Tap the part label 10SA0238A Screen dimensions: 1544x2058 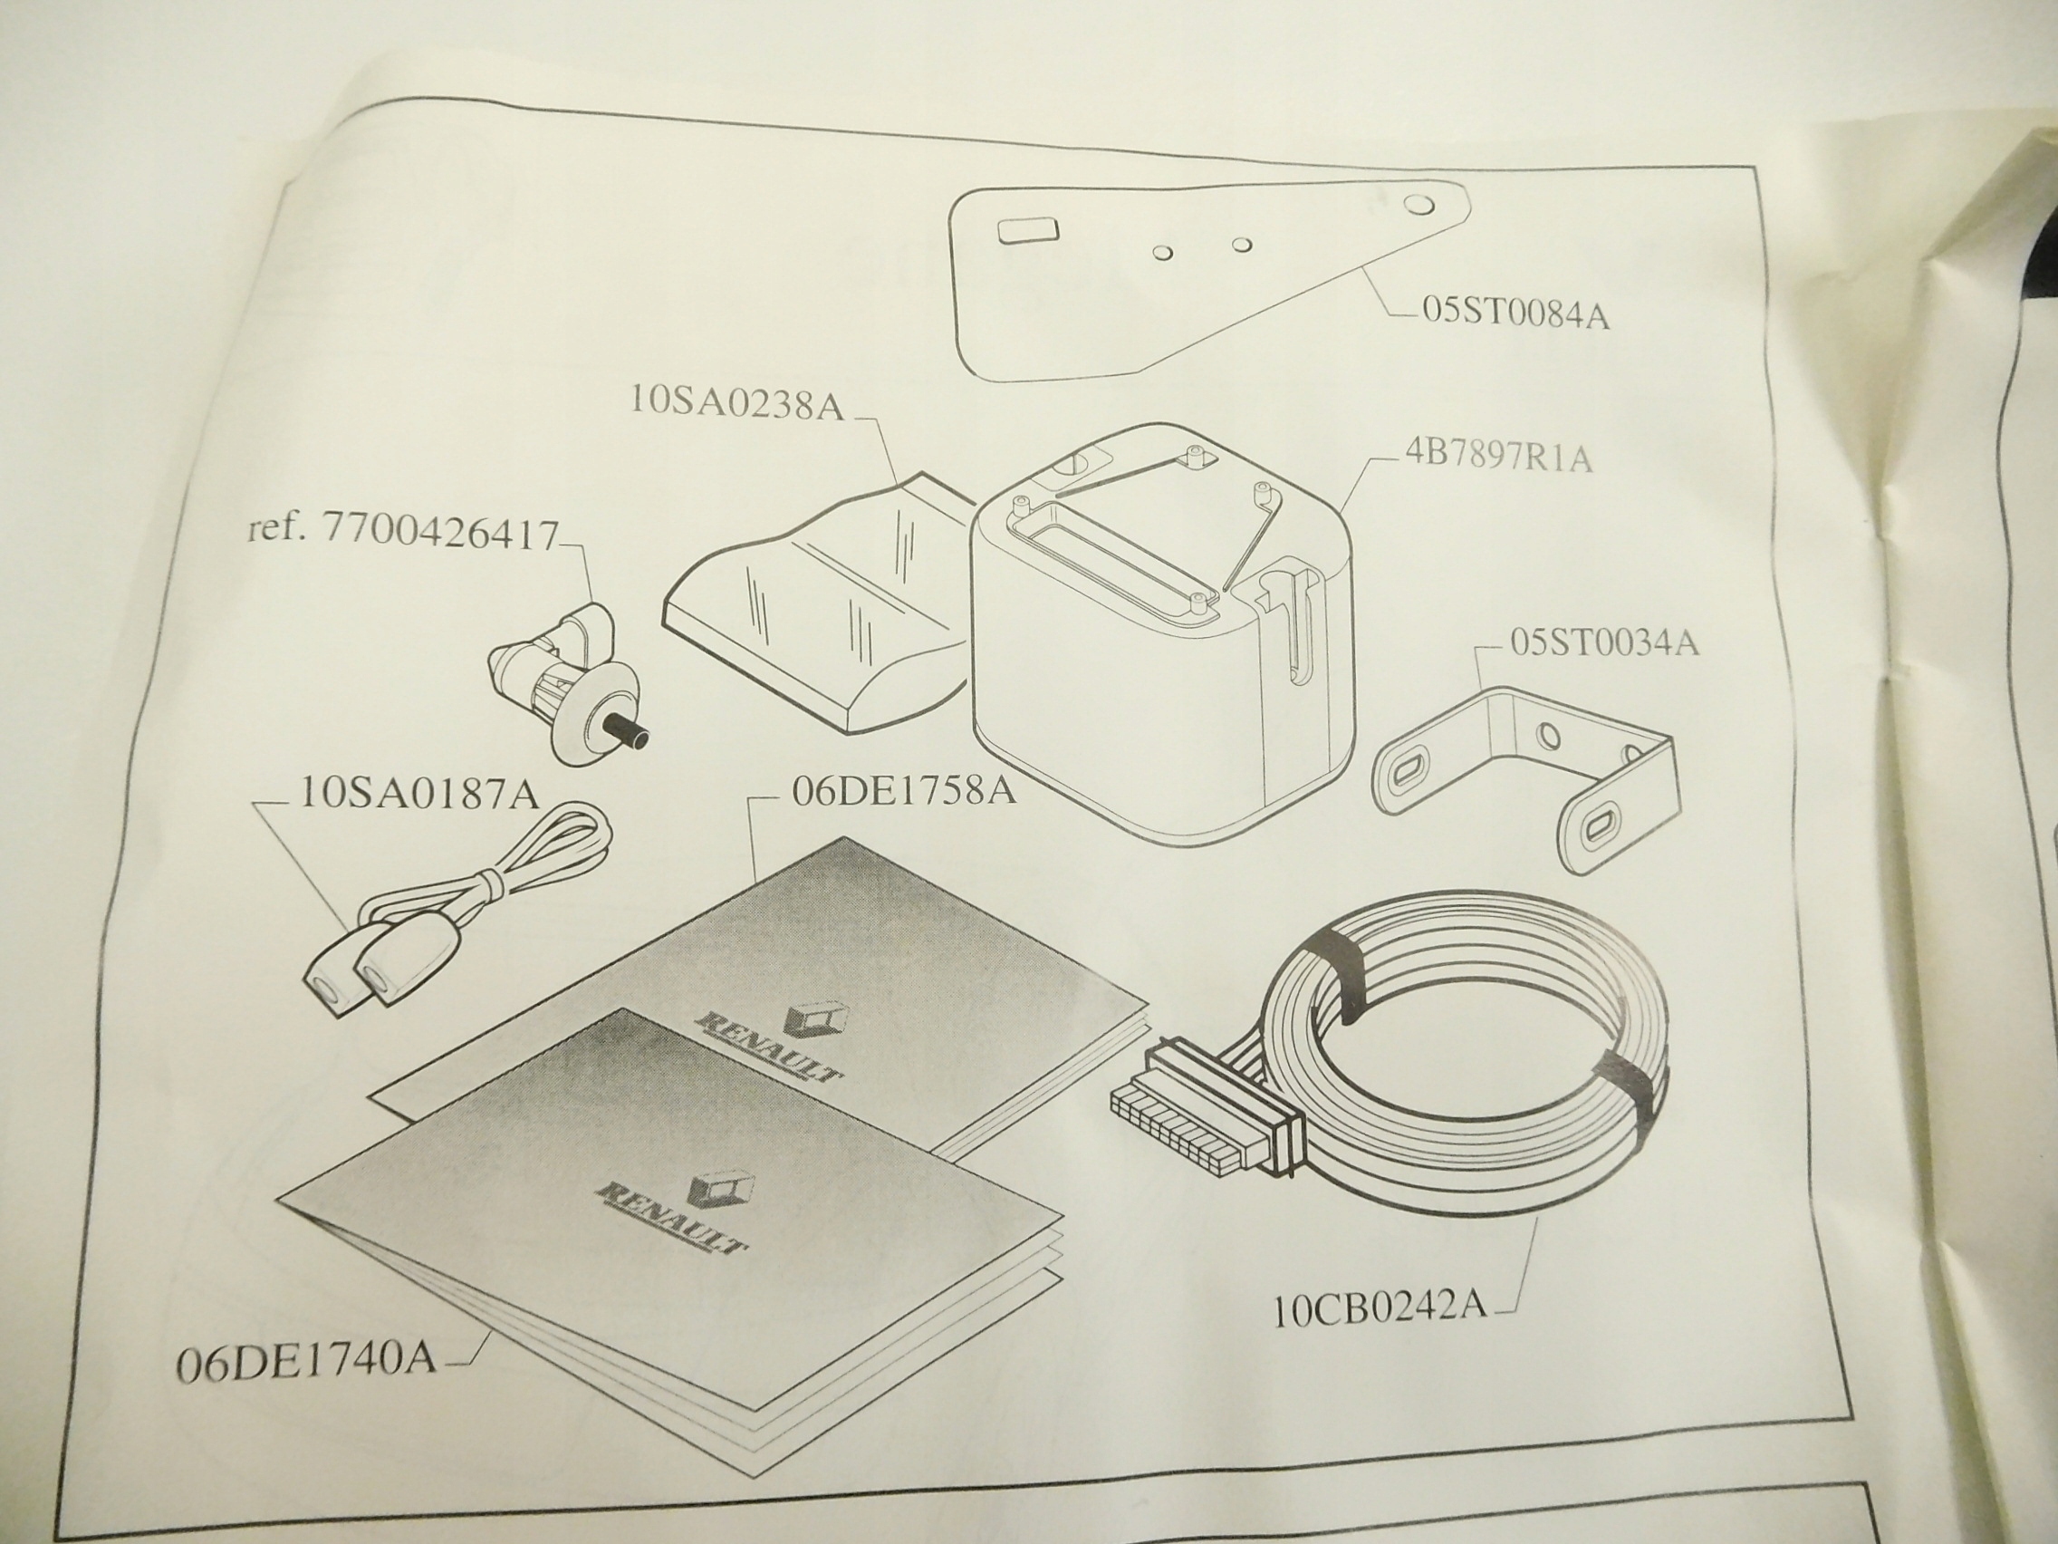click(x=736, y=402)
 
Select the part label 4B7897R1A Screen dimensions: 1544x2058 click(x=1498, y=458)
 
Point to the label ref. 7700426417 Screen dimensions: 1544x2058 click(x=403, y=535)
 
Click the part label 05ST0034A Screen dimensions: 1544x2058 click(x=1604, y=643)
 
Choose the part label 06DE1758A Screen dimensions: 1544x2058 click(x=902, y=791)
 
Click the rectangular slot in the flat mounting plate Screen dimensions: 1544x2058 click(x=1026, y=231)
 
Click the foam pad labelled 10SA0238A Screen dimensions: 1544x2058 click(x=819, y=632)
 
